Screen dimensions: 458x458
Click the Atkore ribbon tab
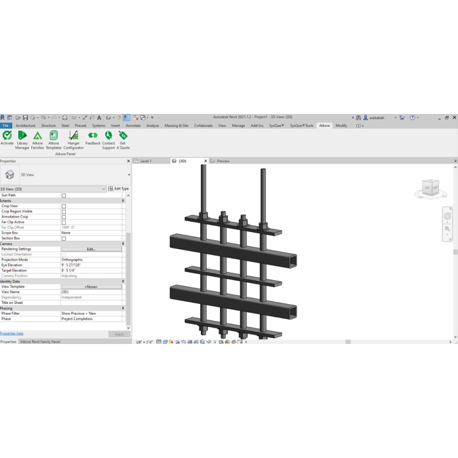coord(324,126)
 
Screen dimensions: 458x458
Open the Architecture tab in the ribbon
coord(25,126)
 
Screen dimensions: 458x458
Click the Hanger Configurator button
coord(73,138)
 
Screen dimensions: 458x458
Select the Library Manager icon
coord(22,138)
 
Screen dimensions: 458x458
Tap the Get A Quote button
coord(123,138)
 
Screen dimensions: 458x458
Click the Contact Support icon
coord(109,138)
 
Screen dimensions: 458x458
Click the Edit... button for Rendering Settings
coord(91,249)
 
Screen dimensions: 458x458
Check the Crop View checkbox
coord(64,206)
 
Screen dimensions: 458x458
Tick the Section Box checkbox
coord(64,239)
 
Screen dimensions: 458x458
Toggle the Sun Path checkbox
coord(64,195)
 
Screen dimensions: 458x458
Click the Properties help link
coord(12,334)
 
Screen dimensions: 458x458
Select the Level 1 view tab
coord(145,161)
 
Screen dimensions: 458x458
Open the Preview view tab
coord(223,161)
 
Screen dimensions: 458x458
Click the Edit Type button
coord(119,189)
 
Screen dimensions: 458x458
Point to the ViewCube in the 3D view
coord(430,188)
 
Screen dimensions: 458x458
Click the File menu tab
coord(6,126)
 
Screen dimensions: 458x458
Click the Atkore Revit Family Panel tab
coord(40,342)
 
